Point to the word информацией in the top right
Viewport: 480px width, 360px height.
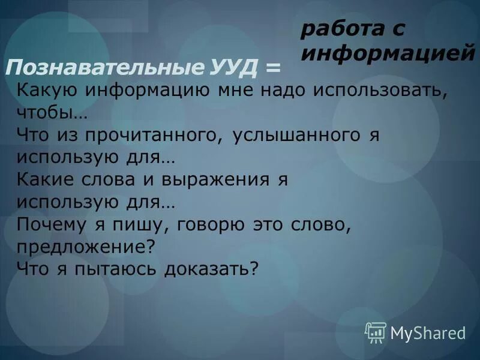coord(388,53)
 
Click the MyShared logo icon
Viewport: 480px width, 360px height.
coord(376,331)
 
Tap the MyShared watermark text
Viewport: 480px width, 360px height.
coord(428,332)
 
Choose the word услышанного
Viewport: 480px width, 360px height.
coord(293,136)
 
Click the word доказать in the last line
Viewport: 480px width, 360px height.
coord(210,269)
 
